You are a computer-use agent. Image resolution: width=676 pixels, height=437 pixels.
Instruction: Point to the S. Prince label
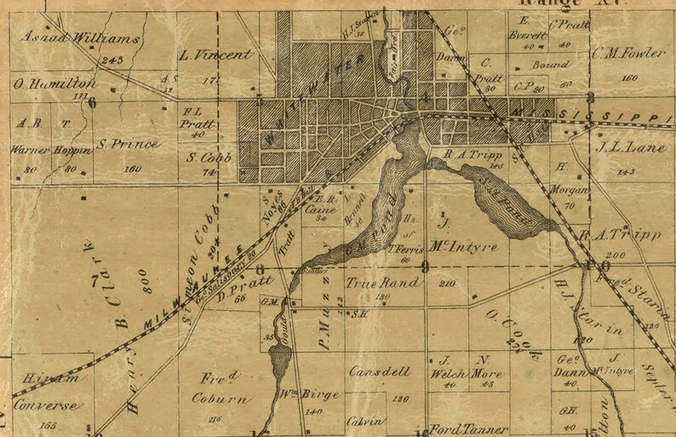(x=127, y=144)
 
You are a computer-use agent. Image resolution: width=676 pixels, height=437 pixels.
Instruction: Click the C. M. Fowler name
(x=631, y=55)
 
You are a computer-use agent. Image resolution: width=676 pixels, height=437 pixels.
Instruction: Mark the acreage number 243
(x=110, y=60)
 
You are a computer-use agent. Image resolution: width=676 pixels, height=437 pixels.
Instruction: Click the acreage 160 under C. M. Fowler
(x=630, y=78)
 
